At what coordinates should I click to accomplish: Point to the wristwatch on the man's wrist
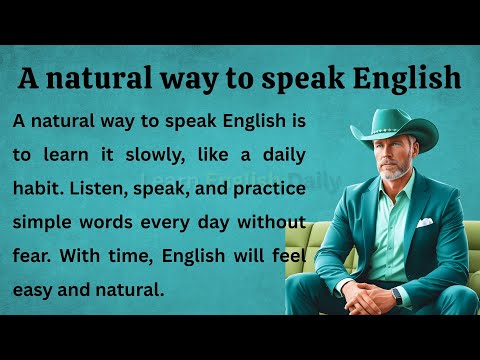398,296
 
